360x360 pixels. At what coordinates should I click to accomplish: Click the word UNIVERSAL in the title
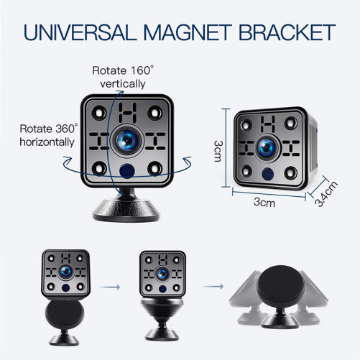point(80,32)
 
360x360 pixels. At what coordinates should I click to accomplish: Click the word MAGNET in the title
point(188,32)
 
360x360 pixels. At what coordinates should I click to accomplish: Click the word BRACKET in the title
point(287,32)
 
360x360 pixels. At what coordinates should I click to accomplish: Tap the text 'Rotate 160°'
point(123,70)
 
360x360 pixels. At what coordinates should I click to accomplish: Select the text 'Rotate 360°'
point(49,129)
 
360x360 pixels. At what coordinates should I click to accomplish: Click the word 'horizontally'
point(47,142)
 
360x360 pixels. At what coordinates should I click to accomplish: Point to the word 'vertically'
point(123,84)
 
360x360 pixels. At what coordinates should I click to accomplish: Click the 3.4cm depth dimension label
point(326,194)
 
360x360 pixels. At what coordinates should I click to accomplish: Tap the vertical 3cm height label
point(218,151)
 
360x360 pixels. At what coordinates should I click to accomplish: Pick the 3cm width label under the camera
point(264,203)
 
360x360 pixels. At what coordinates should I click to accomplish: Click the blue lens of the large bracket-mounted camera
point(127,141)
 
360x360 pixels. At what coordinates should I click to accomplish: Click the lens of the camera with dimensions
point(267,148)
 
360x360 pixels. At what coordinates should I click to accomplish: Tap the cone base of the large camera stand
point(126,210)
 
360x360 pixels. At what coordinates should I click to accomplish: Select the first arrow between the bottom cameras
point(109,287)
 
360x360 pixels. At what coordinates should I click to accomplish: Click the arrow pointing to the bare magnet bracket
point(213,286)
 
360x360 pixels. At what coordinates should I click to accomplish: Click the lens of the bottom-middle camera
point(162,274)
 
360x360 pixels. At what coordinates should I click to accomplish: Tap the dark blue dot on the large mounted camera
point(126,171)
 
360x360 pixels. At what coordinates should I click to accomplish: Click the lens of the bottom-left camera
point(65,272)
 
